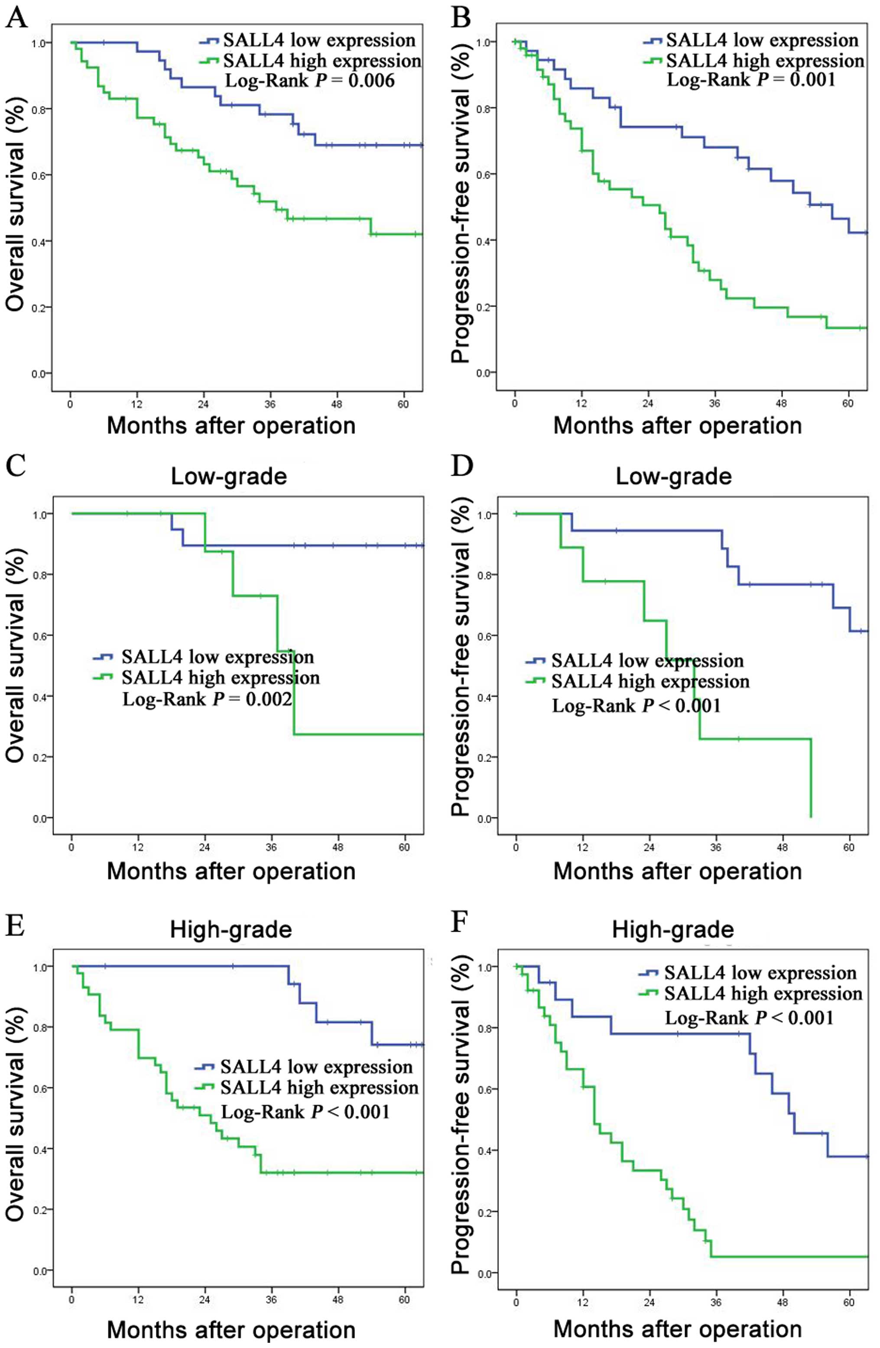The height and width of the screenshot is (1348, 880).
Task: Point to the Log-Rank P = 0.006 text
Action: click(x=309, y=81)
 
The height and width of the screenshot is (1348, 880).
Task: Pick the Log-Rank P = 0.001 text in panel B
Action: click(x=751, y=80)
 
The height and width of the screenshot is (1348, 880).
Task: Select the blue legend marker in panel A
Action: click(x=209, y=41)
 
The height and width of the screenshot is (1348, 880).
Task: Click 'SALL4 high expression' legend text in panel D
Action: click(x=650, y=681)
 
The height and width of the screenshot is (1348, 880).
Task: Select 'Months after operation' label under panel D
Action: click(x=677, y=871)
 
